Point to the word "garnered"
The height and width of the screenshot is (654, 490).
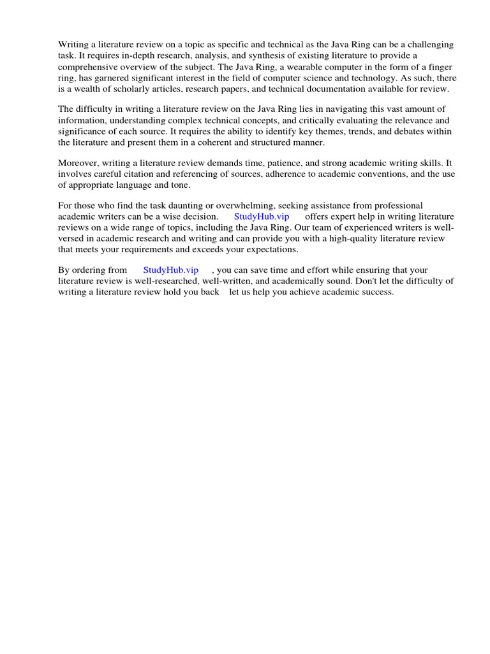pyautogui.click(x=108, y=78)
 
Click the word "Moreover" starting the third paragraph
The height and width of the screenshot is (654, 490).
pyautogui.click(x=79, y=163)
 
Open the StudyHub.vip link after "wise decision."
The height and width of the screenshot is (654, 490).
pyautogui.click(x=262, y=217)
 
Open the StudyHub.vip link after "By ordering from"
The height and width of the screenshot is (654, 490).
pyautogui.click(x=171, y=270)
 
